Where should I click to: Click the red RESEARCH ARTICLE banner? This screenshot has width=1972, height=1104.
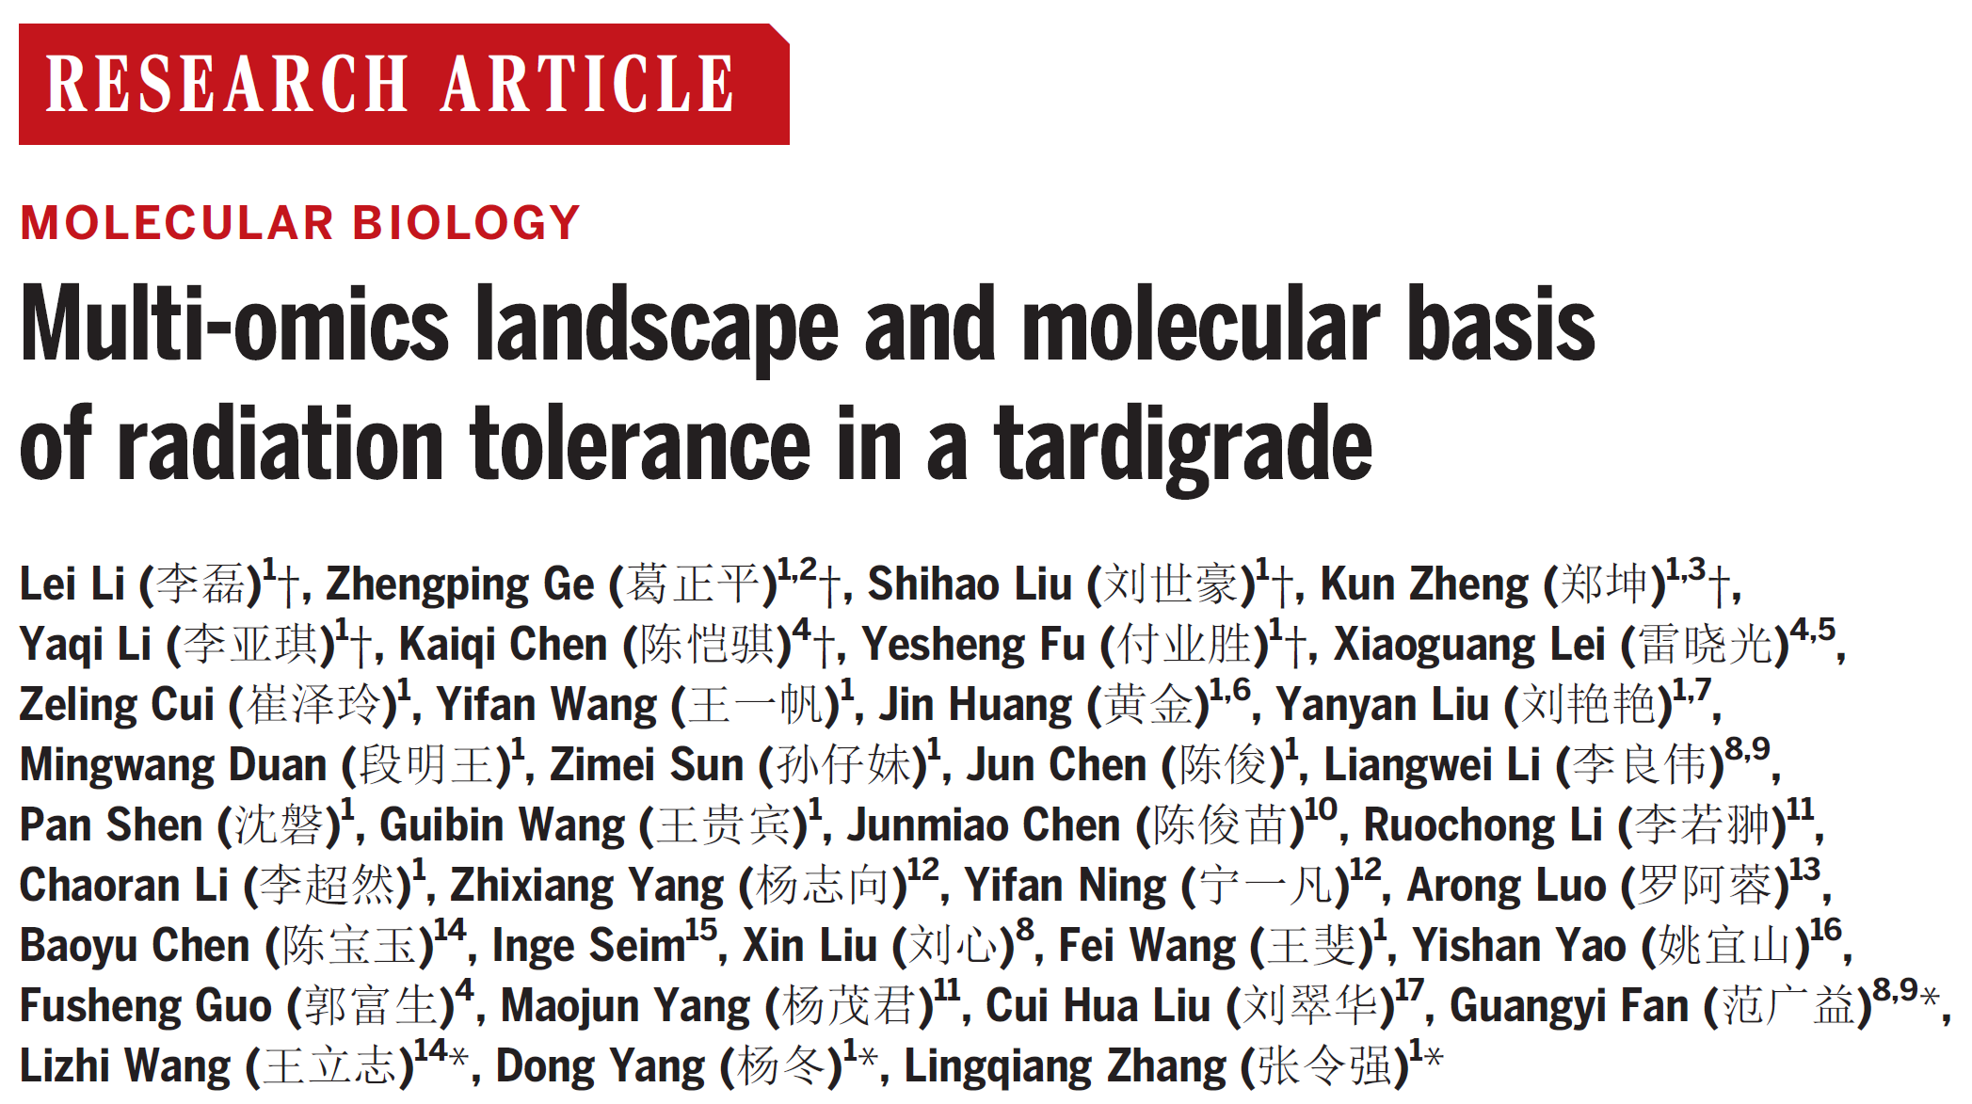point(403,85)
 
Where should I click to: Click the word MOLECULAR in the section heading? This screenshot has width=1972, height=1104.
point(177,224)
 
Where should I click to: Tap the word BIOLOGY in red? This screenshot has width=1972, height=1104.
point(466,224)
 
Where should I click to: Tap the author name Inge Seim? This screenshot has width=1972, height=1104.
point(588,946)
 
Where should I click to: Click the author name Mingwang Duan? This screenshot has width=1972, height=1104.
point(173,765)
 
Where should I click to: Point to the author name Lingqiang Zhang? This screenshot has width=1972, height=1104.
point(1065,1066)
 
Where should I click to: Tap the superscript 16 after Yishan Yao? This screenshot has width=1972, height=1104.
point(1825,930)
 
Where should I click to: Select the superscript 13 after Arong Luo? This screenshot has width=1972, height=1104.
point(1804,870)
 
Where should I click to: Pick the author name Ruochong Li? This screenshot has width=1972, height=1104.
point(1483,825)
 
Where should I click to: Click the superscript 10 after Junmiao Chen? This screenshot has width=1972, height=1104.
point(1321,809)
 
